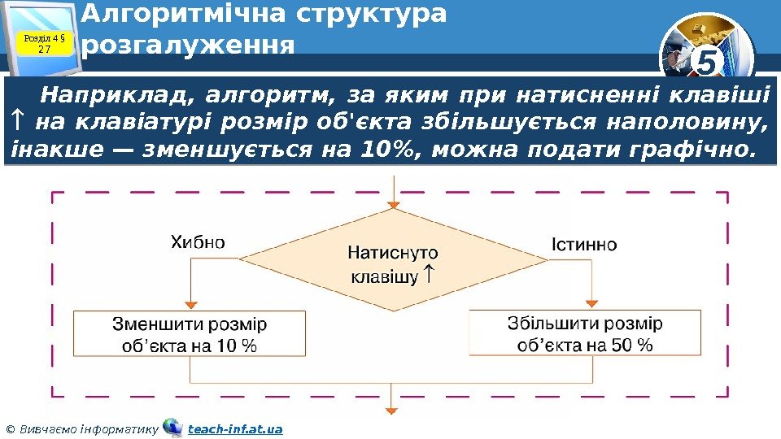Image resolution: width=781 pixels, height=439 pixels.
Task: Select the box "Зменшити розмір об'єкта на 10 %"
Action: pyautogui.click(x=190, y=334)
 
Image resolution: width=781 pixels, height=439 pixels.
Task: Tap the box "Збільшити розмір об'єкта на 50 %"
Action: pyautogui.click(x=585, y=333)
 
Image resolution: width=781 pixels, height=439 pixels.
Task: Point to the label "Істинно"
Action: pyautogui.click(x=583, y=244)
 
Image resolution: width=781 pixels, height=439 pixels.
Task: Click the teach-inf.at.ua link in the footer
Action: pyautogui.click(x=235, y=428)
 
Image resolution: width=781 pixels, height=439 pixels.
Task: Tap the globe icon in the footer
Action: pyautogui.click(x=172, y=428)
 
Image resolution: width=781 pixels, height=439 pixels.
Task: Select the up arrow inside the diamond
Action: pyautogui.click(x=430, y=276)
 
